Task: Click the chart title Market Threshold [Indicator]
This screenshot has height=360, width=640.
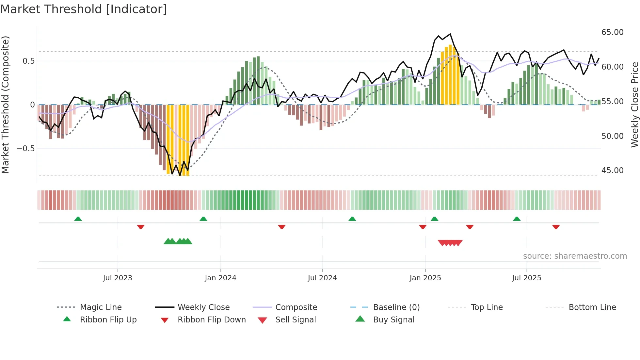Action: pos(84,9)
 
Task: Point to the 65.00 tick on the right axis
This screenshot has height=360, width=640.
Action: pos(612,32)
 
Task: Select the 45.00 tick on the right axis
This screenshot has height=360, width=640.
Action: pos(612,171)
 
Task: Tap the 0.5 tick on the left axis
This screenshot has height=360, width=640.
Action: pos(28,61)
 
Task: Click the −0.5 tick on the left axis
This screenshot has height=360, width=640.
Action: pos(26,149)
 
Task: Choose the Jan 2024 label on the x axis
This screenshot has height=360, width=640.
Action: pos(220,278)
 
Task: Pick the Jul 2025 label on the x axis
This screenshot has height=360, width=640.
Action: pos(526,278)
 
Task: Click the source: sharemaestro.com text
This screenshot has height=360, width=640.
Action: pos(575,256)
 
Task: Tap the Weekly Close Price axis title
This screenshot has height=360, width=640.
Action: pos(634,105)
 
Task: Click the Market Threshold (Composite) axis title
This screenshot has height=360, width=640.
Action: pos(5,105)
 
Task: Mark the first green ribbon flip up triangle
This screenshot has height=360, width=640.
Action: pos(78,219)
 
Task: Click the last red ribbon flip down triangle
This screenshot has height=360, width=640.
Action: pos(556,227)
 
